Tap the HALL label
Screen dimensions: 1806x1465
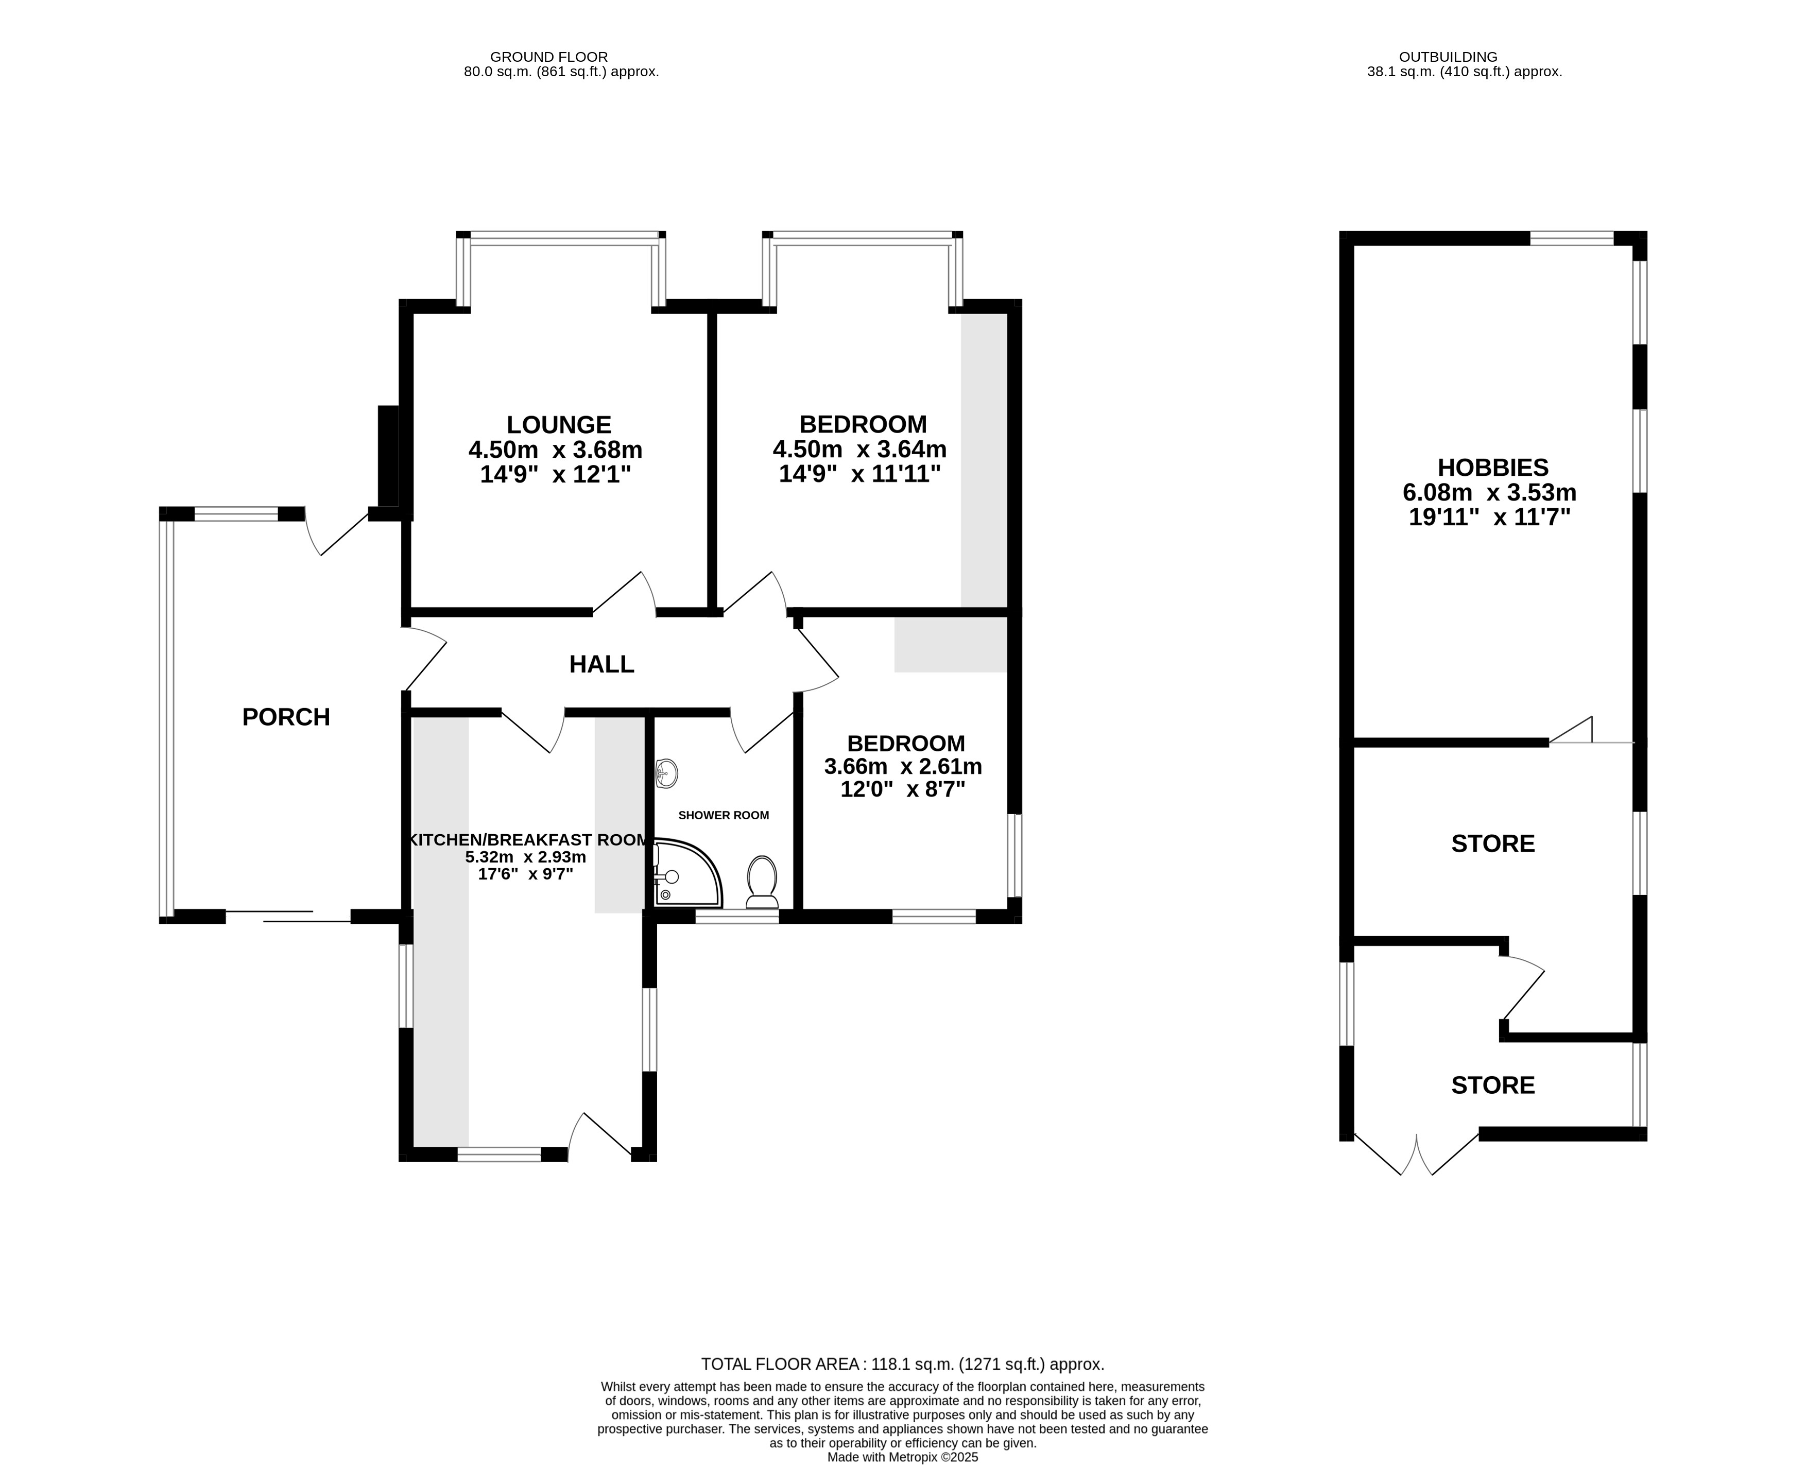pos(601,665)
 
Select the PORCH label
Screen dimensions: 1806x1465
pos(286,717)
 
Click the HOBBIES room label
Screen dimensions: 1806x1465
pos(1493,468)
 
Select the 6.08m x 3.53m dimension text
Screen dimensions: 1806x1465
pos(1489,493)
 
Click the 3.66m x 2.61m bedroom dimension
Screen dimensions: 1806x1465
pos(903,767)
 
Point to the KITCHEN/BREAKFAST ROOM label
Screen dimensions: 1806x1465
pos(530,840)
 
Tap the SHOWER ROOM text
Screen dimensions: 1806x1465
pos(724,815)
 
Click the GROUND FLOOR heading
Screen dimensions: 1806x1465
pos(549,57)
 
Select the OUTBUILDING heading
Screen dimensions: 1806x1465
pos(1448,57)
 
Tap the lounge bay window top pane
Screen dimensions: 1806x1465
pos(561,239)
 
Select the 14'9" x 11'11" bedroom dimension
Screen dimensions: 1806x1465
pos(859,474)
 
